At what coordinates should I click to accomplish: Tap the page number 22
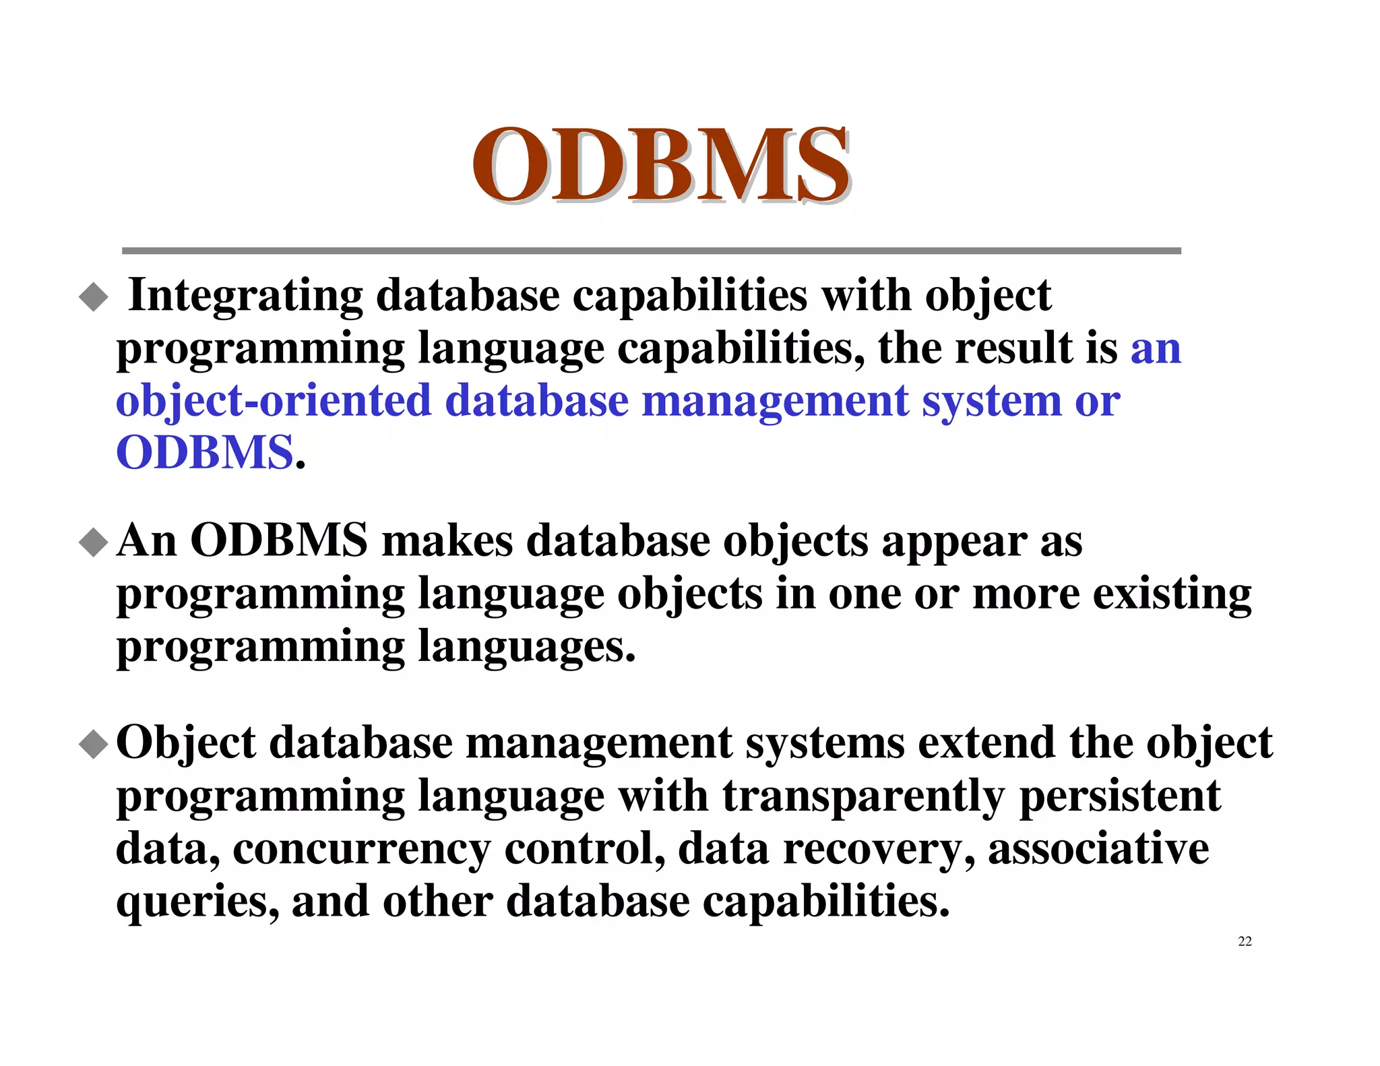[1245, 941]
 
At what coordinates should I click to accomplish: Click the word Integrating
[245, 296]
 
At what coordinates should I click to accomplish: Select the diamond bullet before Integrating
[93, 297]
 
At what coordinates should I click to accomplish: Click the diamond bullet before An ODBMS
[93, 542]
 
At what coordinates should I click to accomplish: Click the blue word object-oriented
[273, 401]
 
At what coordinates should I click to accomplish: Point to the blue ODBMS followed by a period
[205, 453]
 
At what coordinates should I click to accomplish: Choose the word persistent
[1119, 796]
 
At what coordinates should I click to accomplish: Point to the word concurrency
[362, 850]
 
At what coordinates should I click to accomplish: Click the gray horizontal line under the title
[651, 251]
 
